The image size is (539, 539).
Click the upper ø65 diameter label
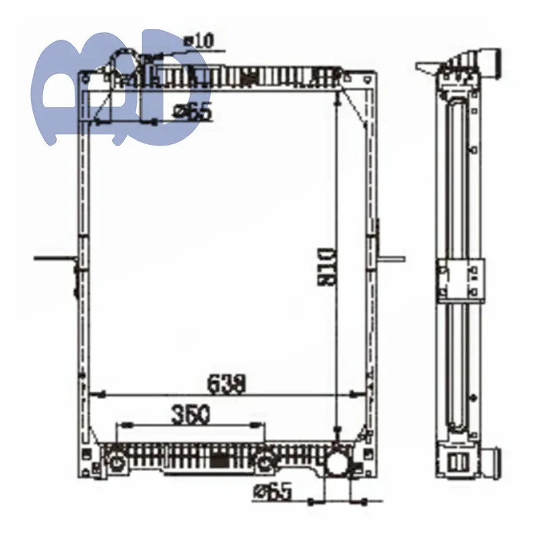pyautogui.click(x=193, y=112)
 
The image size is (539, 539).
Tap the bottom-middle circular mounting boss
pyautogui.click(x=267, y=462)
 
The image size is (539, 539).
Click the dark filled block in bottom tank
pyautogui.click(x=219, y=460)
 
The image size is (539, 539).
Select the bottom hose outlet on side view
pyautogui.click(x=495, y=464)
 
